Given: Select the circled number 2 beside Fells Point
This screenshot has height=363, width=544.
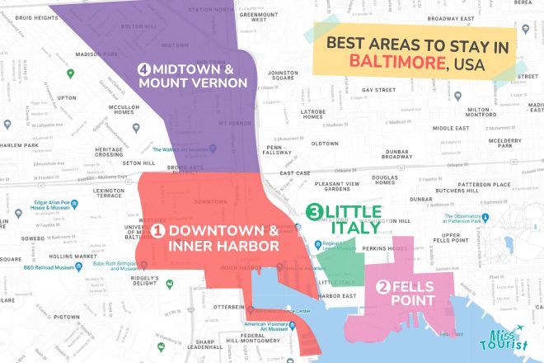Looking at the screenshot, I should pos(382,287).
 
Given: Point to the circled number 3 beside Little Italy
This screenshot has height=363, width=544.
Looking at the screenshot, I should pos(313,213).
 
